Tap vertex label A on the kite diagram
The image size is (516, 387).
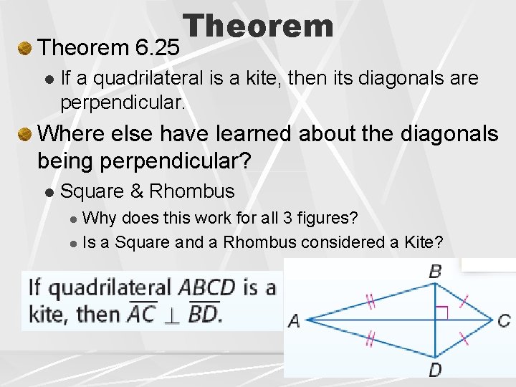pos(294,321)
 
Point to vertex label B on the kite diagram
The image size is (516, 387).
pos(435,271)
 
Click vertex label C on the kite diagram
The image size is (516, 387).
pos(504,320)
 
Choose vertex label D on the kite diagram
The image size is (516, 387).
pos(435,370)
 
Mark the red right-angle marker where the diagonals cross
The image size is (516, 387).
pos(442,312)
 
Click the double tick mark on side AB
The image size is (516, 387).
pos(371,302)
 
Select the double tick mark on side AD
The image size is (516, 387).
pos(371,338)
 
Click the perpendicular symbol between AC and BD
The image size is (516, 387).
pos(173,315)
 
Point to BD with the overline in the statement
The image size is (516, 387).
pos(204,314)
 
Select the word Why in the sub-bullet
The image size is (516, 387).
pos(98,217)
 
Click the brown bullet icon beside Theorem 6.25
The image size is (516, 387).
pos(24,49)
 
